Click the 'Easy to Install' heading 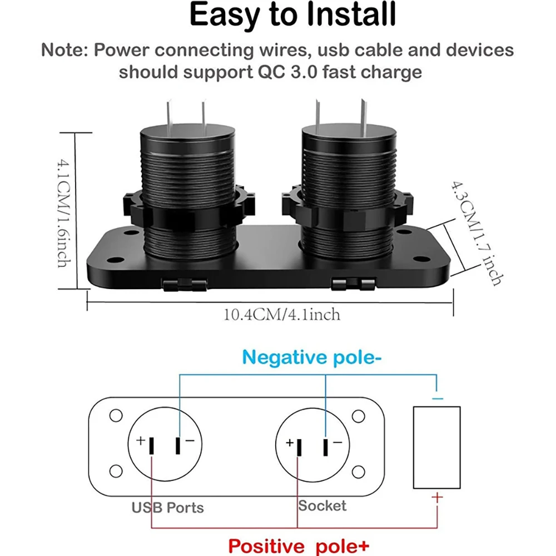[292, 17]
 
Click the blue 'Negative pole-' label [312, 356]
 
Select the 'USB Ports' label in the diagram [167, 507]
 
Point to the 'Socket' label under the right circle [322, 505]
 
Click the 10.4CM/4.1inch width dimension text [281, 315]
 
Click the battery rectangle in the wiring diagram [437, 447]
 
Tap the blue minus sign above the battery [438, 398]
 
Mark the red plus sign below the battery [438, 497]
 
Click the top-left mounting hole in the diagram [116, 415]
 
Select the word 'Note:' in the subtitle [63, 50]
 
